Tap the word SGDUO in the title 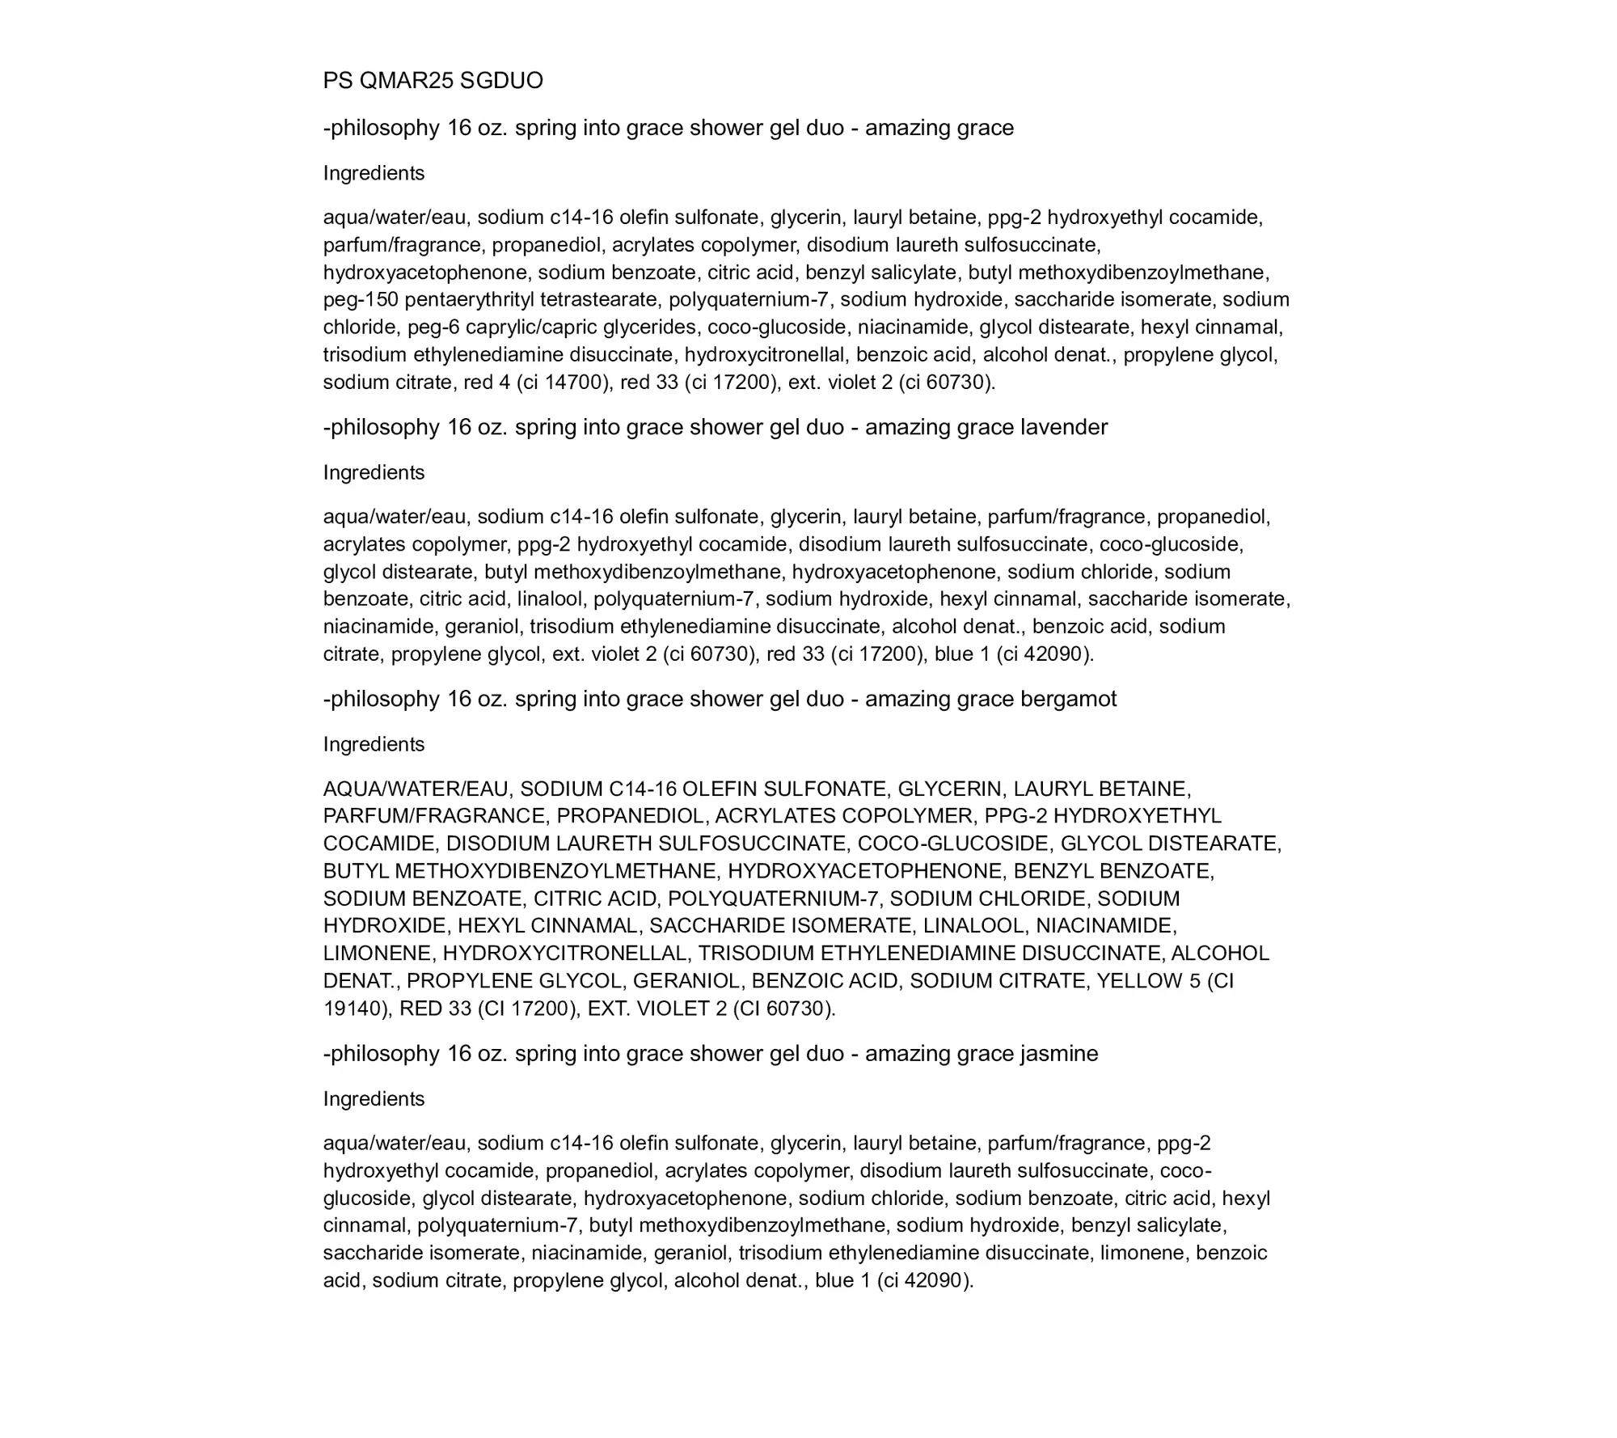(501, 81)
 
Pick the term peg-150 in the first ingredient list (361, 300)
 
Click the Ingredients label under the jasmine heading (374, 1099)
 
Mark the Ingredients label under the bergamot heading (374, 744)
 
